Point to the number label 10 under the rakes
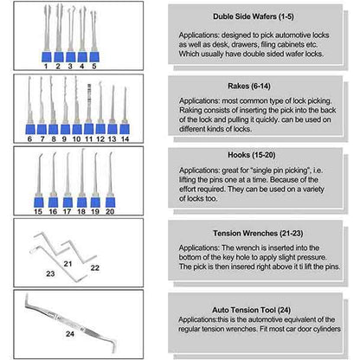76,138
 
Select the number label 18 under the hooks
80,210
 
